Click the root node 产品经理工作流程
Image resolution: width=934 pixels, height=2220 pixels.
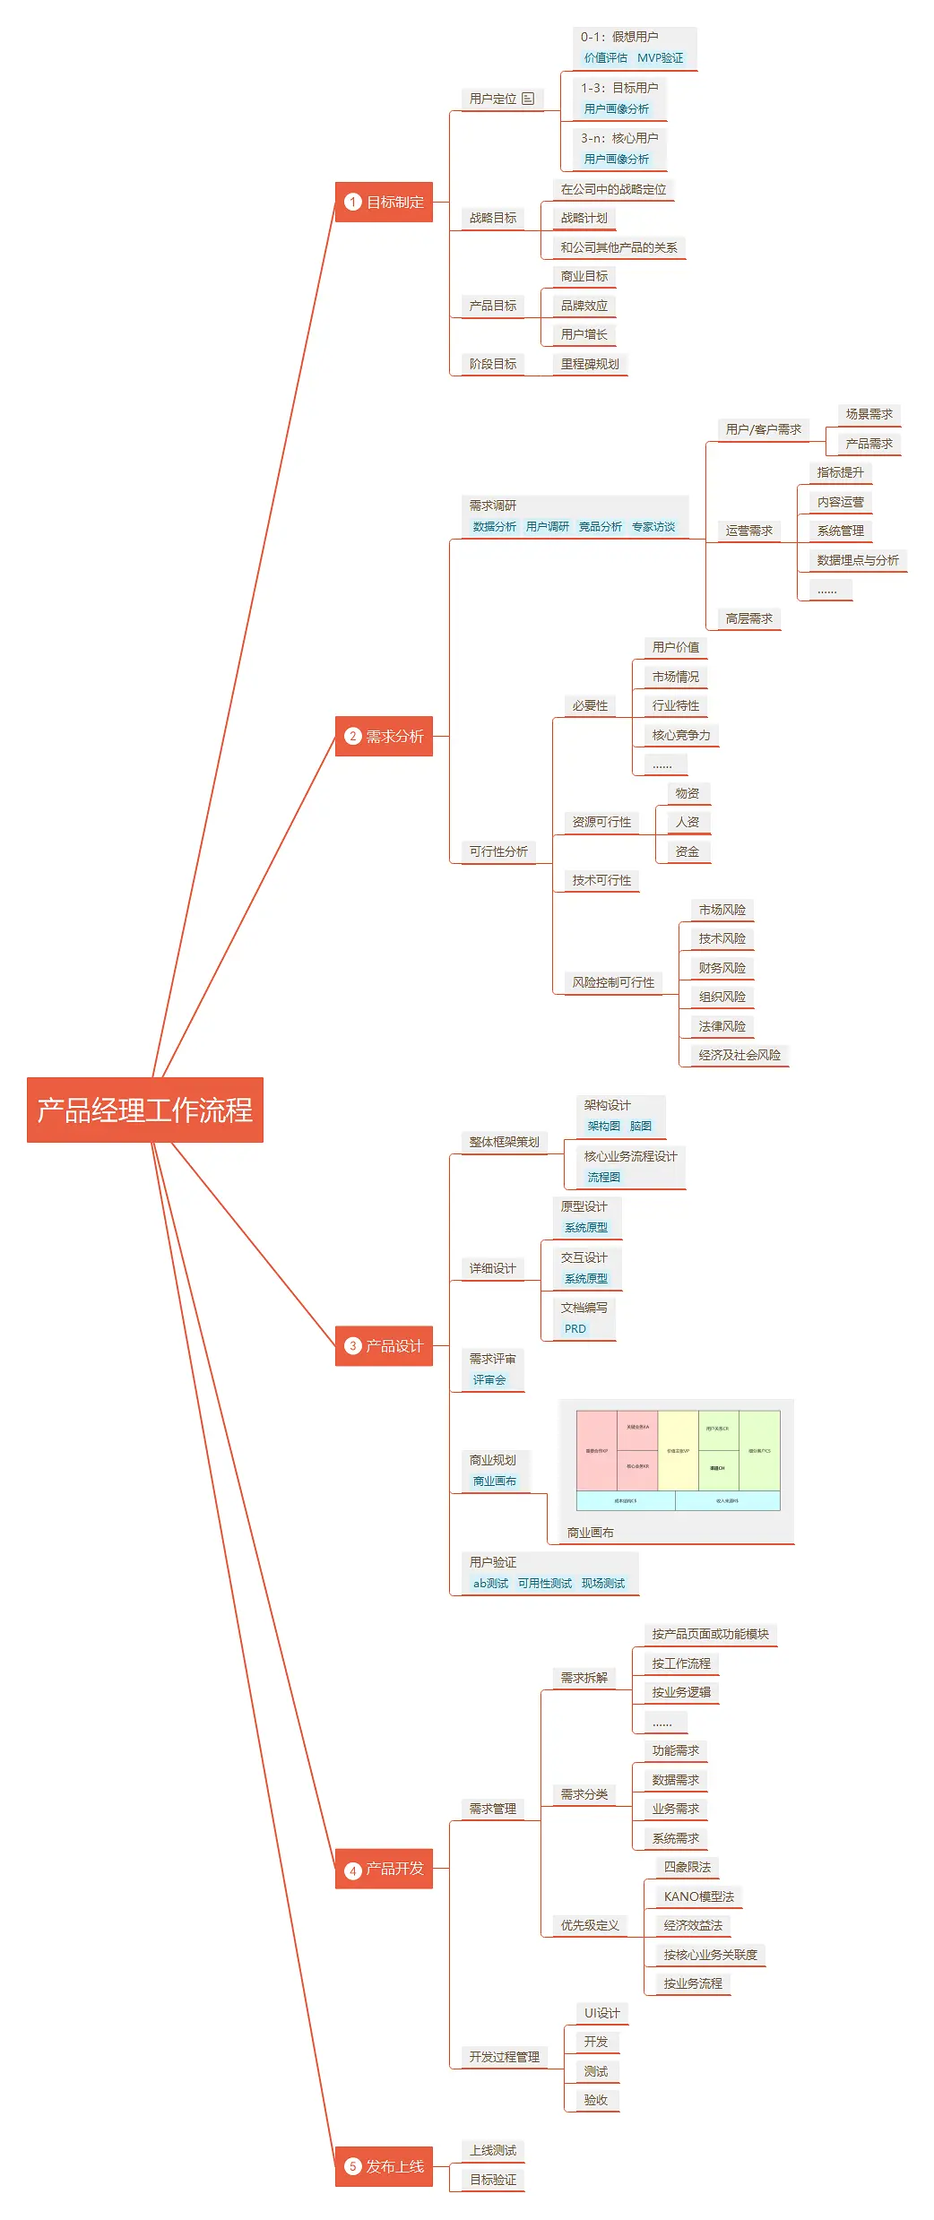click(144, 1110)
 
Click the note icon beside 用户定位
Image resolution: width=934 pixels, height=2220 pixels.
click(528, 99)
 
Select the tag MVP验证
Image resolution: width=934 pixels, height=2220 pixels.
click(660, 57)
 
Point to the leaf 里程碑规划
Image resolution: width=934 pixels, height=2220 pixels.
click(590, 364)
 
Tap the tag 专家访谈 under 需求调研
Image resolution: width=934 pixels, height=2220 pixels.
click(653, 527)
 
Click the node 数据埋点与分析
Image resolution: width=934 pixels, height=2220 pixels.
click(858, 560)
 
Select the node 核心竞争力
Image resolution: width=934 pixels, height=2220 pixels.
click(681, 735)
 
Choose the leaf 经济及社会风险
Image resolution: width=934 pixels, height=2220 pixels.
click(739, 1055)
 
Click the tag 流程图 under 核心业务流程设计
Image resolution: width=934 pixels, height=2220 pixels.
click(603, 1177)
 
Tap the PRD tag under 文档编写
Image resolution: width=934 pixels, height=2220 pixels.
click(575, 1329)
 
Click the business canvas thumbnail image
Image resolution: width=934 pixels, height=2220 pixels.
click(678, 1460)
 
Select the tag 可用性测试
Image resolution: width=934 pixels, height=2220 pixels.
click(544, 1584)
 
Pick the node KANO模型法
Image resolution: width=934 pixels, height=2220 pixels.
click(698, 1896)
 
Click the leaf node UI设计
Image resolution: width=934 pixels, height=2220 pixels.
click(601, 2013)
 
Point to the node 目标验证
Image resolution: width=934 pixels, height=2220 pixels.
click(493, 2180)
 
